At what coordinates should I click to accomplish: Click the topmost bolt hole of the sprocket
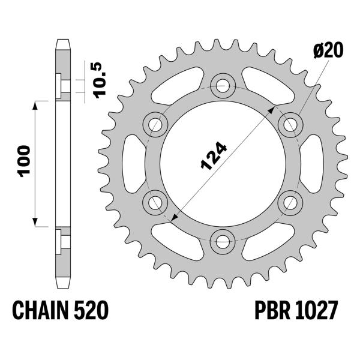[223, 85]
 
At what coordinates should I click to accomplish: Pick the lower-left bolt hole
[155, 202]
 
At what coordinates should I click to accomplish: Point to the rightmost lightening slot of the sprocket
[313, 163]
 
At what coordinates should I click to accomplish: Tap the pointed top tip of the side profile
[62, 41]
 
